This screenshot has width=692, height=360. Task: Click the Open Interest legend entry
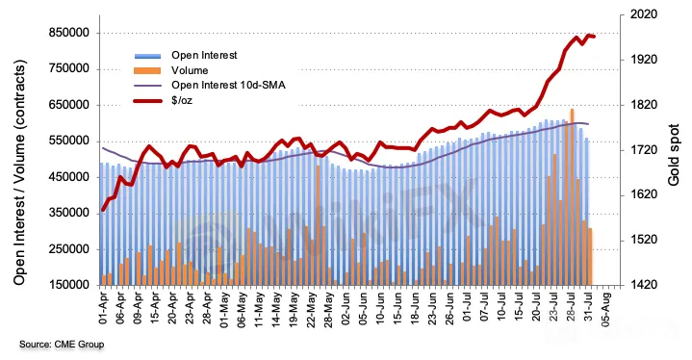pyautogui.click(x=204, y=55)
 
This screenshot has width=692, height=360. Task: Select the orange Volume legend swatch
pyautogui.click(x=147, y=70)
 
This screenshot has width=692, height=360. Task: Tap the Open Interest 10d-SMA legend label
pyautogui.click(x=228, y=85)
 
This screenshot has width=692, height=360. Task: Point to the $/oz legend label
pyautogui.click(x=182, y=100)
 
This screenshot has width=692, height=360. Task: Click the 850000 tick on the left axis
pyautogui.click(x=70, y=33)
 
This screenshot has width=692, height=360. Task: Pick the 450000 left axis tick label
pyautogui.click(x=70, y=177)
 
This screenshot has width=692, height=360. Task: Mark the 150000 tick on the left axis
pyautogui.click(x=70, y=286)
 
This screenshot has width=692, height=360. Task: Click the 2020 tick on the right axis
pyautogui.click(x=644, y=15)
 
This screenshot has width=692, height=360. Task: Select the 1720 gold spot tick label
pyautogui.click(x=644, y=150)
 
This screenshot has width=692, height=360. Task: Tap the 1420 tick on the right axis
pyautogui.click(x=644, y=286)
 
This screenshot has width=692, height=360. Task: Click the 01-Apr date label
pyautogui.click(x=104, y=308)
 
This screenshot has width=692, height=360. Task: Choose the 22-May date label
pyautogui.click(x=311, y=308)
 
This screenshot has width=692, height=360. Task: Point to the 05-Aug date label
pyautogui.click(x=605, y=308)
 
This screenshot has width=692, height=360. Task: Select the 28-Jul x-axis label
pyautogui.click(x=571, y=308)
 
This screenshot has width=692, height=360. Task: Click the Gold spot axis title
pyautogui.click(x=674, y=155)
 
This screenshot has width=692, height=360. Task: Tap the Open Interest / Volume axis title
pyautogui.click(x=20, y=172)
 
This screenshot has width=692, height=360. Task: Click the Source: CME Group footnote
pyautogui.click(x=62, y=345)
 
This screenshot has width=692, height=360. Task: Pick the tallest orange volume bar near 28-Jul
pyautogui.click(x=572, y=196)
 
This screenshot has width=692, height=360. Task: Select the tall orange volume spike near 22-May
pyautogui.click(x=318, y=225)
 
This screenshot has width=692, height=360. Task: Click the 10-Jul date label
pyautogui.click(x=501, y=308)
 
